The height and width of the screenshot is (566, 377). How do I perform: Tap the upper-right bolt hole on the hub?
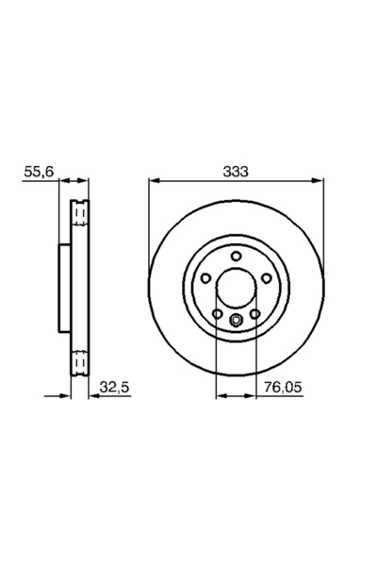coord(267,277)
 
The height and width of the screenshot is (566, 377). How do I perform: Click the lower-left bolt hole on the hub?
coord(217,314)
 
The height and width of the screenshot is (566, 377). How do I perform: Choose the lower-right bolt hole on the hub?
coord(254,314)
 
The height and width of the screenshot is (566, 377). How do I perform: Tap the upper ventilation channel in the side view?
coord(80,216)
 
